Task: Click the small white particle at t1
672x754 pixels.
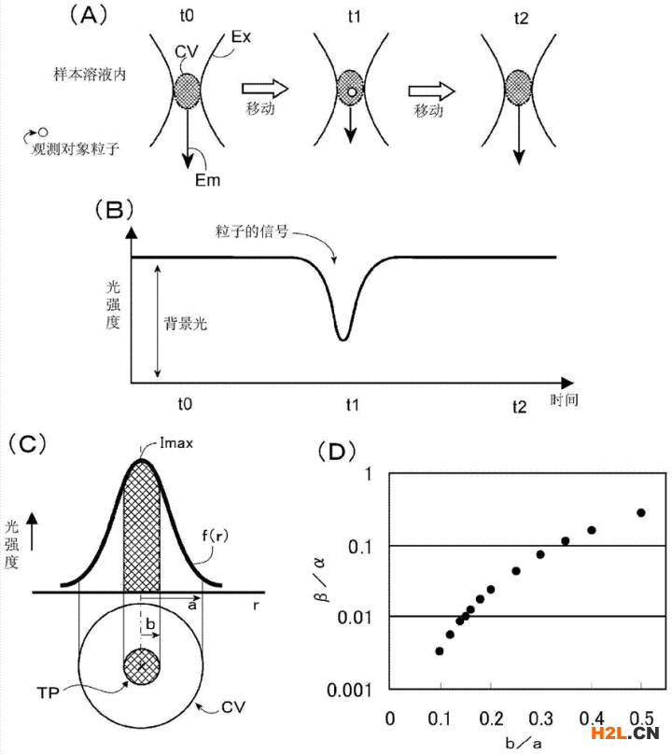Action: pos(352,91)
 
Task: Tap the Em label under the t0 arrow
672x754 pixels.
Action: pos(207,180)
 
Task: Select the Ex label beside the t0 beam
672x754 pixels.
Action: pos(241,36)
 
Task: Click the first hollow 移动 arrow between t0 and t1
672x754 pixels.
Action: pos(264,89)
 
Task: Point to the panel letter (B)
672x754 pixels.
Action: pos(114,210)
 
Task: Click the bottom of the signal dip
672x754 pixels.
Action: pos(343,340)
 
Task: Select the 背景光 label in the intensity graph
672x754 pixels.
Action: pos(186,323)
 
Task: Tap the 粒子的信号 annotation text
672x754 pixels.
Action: pos(252,231)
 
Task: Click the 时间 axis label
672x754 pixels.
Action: pos(565,399)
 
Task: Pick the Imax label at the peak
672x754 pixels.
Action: pos(176,443)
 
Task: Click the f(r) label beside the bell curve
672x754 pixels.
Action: pos(215,536)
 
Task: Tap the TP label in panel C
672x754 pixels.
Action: pos(48,693)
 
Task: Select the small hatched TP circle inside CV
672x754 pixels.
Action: pos(142,666)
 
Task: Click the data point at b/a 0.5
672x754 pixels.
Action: pos(640,512)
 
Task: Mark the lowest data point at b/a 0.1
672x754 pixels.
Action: pos(440,651)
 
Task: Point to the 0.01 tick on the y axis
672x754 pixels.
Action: pos(355,617)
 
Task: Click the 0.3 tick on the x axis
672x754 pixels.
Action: pos(540,719)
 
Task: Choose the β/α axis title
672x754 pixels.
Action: pos(319,580)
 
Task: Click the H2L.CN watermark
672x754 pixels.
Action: pos(624,733)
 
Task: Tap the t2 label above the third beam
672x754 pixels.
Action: pos(521,19)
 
